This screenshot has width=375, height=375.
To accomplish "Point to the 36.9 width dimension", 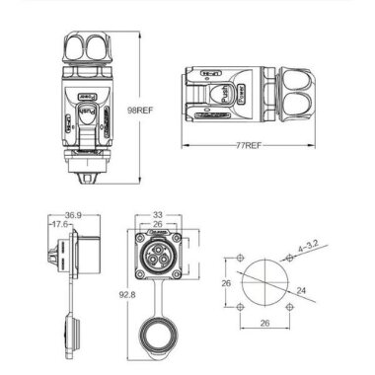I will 71,214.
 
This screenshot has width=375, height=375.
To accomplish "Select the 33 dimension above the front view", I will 159,212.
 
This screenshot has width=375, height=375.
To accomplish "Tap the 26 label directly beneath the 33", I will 158,224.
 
